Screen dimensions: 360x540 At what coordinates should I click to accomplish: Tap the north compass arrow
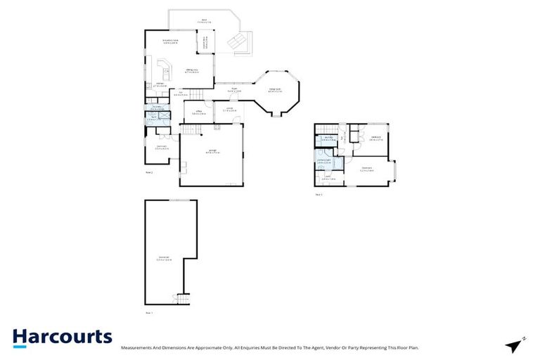coord(515,345)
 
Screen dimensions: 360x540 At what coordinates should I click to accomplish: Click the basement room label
coord(164,258)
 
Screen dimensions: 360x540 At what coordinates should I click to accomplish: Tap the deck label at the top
coord(205,21)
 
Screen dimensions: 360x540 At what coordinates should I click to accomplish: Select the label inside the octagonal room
coord(276,90)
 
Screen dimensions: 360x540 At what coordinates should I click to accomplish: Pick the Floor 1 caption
coord(149,311)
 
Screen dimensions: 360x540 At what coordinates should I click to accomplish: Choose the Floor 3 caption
coord(319,194)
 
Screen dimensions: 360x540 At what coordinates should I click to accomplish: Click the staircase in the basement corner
coord(182,298)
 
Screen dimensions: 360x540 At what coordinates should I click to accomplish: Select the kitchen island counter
coord(166,70)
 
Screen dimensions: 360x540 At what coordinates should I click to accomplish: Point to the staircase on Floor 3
coord(327,129)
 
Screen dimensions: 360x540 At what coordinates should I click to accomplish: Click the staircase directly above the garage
coord(191,129)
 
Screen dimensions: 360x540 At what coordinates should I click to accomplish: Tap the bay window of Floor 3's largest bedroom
coord(396,171)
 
